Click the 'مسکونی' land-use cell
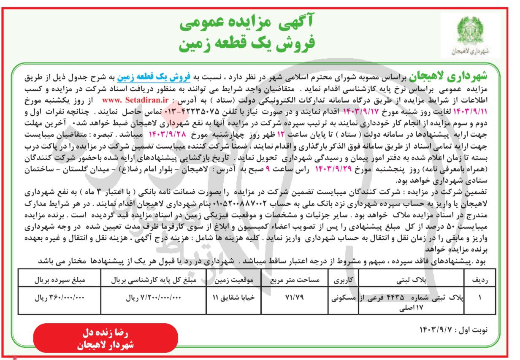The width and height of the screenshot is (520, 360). (x=343, y=297)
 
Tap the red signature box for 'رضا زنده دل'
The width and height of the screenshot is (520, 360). (x=106, y=338)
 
